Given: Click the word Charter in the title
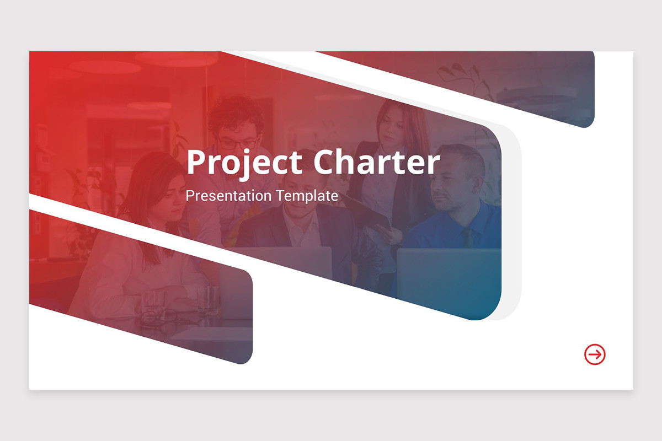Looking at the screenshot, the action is coord(377,162).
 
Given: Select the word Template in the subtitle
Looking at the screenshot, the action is coord(307,196).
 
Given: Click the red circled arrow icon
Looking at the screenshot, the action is coord(595,354).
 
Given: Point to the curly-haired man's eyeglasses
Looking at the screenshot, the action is coord(238,144).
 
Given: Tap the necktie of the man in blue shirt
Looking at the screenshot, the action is coord(467,237).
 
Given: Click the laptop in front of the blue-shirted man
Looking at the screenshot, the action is coord(449,274).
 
